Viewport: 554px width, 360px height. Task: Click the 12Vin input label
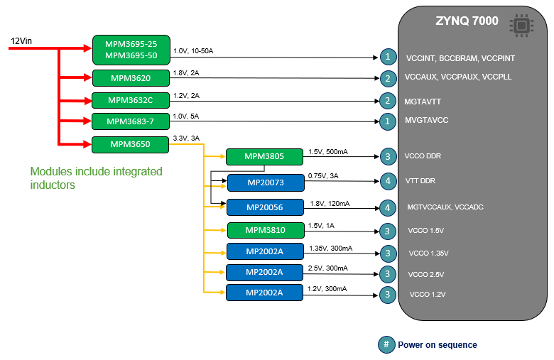(21, 41)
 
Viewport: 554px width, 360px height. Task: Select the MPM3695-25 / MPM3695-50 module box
(131, 49)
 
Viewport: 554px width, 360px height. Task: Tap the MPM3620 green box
(131, 77)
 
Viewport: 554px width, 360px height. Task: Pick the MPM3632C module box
(131, 100)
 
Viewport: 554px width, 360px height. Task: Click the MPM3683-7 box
(131, 121)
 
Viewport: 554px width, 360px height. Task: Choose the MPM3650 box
(131, 145)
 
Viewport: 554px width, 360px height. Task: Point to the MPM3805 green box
(264, 156)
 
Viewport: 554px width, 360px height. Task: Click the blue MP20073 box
(264, 182)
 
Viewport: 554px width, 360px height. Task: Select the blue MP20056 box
(264, 207)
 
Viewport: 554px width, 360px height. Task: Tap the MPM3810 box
(264, 230)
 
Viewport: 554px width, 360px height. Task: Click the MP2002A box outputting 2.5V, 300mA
(264, 272)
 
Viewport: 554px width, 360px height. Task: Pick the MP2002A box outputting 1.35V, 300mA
(264, 251)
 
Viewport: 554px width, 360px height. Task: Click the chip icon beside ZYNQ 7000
(521, 25)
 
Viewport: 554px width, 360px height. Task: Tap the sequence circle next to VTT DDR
(387, 182)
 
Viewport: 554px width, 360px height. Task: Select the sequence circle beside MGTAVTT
(387, 101)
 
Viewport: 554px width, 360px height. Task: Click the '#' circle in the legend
(386, 344)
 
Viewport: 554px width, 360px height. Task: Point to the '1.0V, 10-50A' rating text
(193, 52)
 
